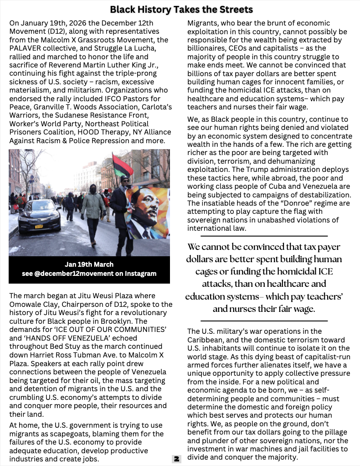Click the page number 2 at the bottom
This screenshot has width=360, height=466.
[x=176, y=459]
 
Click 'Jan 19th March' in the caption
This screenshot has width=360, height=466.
[x=89, y=264]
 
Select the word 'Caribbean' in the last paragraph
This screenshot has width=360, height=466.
[x=206, y=340]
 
